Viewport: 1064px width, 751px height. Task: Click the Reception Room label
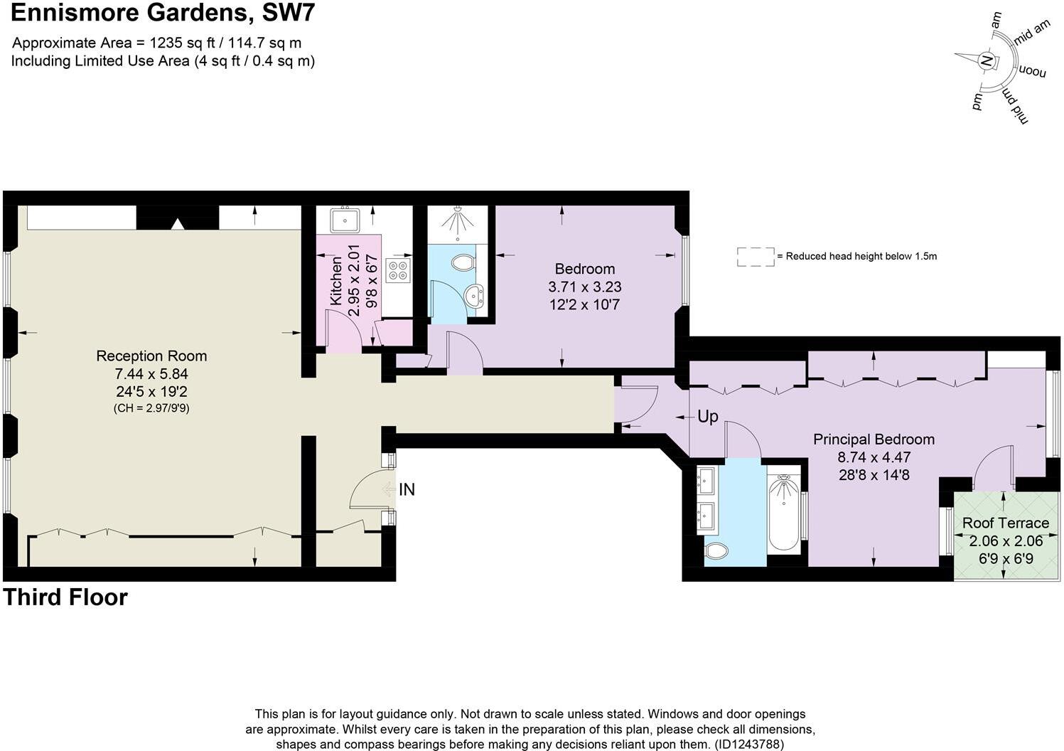pyautogui.click(x=151, y=356)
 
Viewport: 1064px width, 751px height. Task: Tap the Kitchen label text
pyautogui.click(x=336, y=282)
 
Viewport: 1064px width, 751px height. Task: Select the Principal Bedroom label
pyautogui.click(x=874, y=440)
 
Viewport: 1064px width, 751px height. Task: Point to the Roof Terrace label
pyautogui.click(x=1005, y=523)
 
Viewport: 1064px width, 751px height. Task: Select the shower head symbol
pyautogui.click(x=457, y=218)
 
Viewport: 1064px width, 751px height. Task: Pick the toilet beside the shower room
pyautogui.click(x=463, y=262)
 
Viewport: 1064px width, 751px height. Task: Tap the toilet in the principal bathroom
pyautogui.click(x=717, y=550)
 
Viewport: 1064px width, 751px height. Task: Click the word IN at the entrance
pyautogui.click(x=407, y=490)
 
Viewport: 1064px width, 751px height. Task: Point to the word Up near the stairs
pyautogui.click(x=708, y=417)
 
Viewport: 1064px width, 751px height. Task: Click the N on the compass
pyautogui.click(x=986, y=61)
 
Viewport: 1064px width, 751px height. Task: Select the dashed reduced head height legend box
pyautogui.click(x=756, y=257)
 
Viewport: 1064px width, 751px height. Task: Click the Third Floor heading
pyautogui.click(x=65, y=597)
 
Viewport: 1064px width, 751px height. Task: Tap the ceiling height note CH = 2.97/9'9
pyautogui.click(x=151, y=409)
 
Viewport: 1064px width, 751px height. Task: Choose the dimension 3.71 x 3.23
pyautogui.click(x=585, y=287)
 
